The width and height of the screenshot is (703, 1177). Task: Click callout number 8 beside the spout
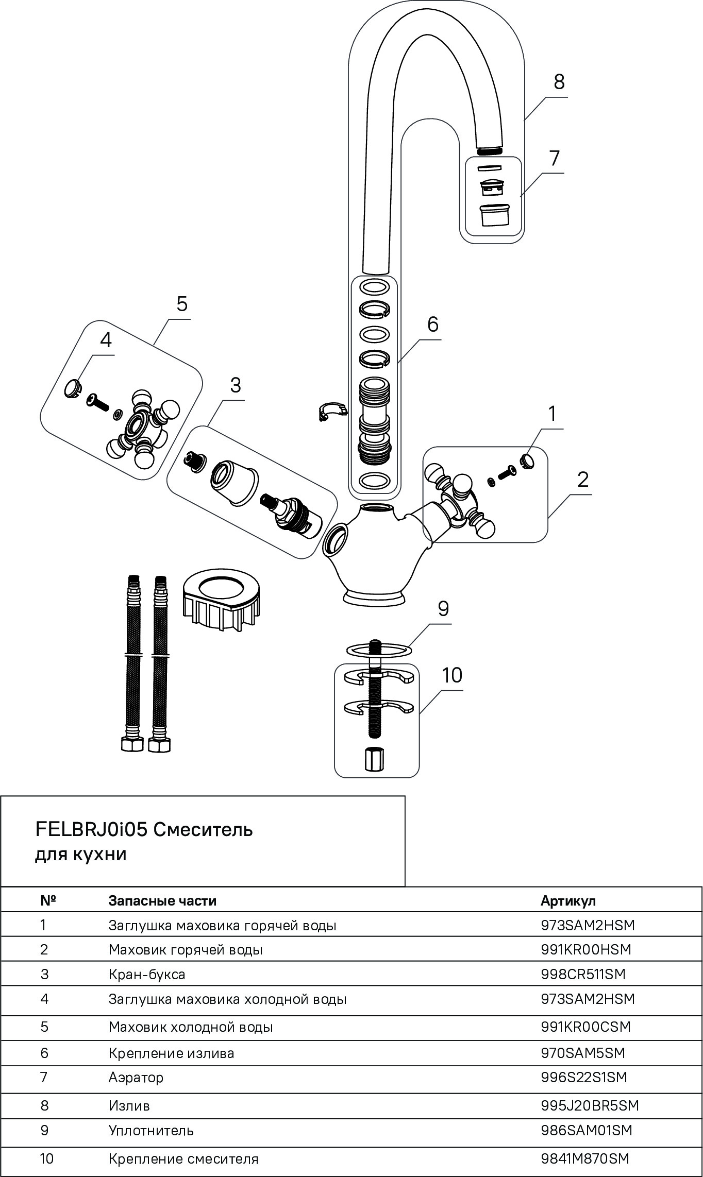[559, 82]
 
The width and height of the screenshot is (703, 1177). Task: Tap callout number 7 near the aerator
[554, 158]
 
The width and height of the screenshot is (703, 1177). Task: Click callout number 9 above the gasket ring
[443, 608]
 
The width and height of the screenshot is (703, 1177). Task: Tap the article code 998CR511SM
[582, 974]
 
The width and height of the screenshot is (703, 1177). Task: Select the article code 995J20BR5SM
[590, 1105]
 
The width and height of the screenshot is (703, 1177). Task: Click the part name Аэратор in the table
[136, 1077]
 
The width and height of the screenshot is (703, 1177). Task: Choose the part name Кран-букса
[146, 974]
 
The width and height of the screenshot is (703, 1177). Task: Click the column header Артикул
[568, 900]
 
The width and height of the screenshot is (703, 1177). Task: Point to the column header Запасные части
[162, 900]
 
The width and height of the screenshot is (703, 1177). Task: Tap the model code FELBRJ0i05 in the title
[91, 829]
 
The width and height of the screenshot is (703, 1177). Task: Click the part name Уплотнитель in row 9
[151, 1130]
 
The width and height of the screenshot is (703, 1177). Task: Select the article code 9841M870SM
[585, 1158]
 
